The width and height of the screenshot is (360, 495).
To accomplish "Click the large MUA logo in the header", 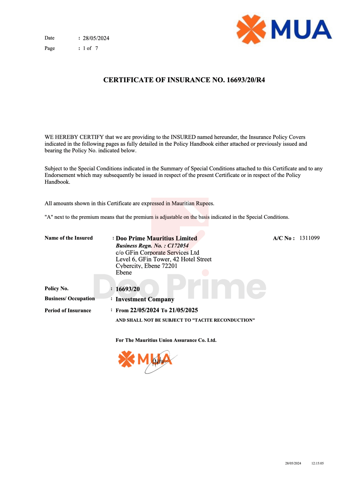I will pyautogui.click(x=284, y=29).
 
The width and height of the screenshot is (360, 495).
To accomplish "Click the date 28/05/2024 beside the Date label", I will pyautogui.click(x=96, y=38).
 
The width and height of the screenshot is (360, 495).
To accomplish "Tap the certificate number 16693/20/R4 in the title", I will pyautogui.click(x=246, y=80).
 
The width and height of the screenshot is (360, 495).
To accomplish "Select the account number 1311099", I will pyautogui.click(x=309, y=238).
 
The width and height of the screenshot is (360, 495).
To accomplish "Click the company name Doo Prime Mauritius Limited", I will pyautogui.click(x=156, y=238).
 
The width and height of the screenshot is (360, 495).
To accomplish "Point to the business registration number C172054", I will pyautogui.click(x=178, y=246).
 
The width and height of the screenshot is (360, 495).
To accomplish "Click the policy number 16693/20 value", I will pyautogui.click(x=128, y=289).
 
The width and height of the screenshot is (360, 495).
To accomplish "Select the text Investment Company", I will pyautogui.click(x=145, y=299).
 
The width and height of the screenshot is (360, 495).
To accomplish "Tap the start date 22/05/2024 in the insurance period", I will pyautogui.click(x=144, y=310).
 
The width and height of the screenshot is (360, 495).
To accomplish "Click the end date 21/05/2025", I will pyautogui.click(x=183, y=310).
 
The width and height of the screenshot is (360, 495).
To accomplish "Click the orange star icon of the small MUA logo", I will pyautogui.click(x=126, y=359).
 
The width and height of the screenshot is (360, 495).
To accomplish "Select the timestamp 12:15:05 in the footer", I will pyautogui.click(x=318, y=463).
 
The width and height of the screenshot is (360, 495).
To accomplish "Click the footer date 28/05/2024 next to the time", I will pyautogui.click(x=293, y=463).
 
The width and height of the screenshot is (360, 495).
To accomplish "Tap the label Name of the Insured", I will pyautogui.click(x=69, y=238).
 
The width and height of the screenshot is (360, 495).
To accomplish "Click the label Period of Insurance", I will pyautogui.click(x=68, y=310).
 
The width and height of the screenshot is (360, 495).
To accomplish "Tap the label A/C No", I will pyautogui.click(x=283, y=238).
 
